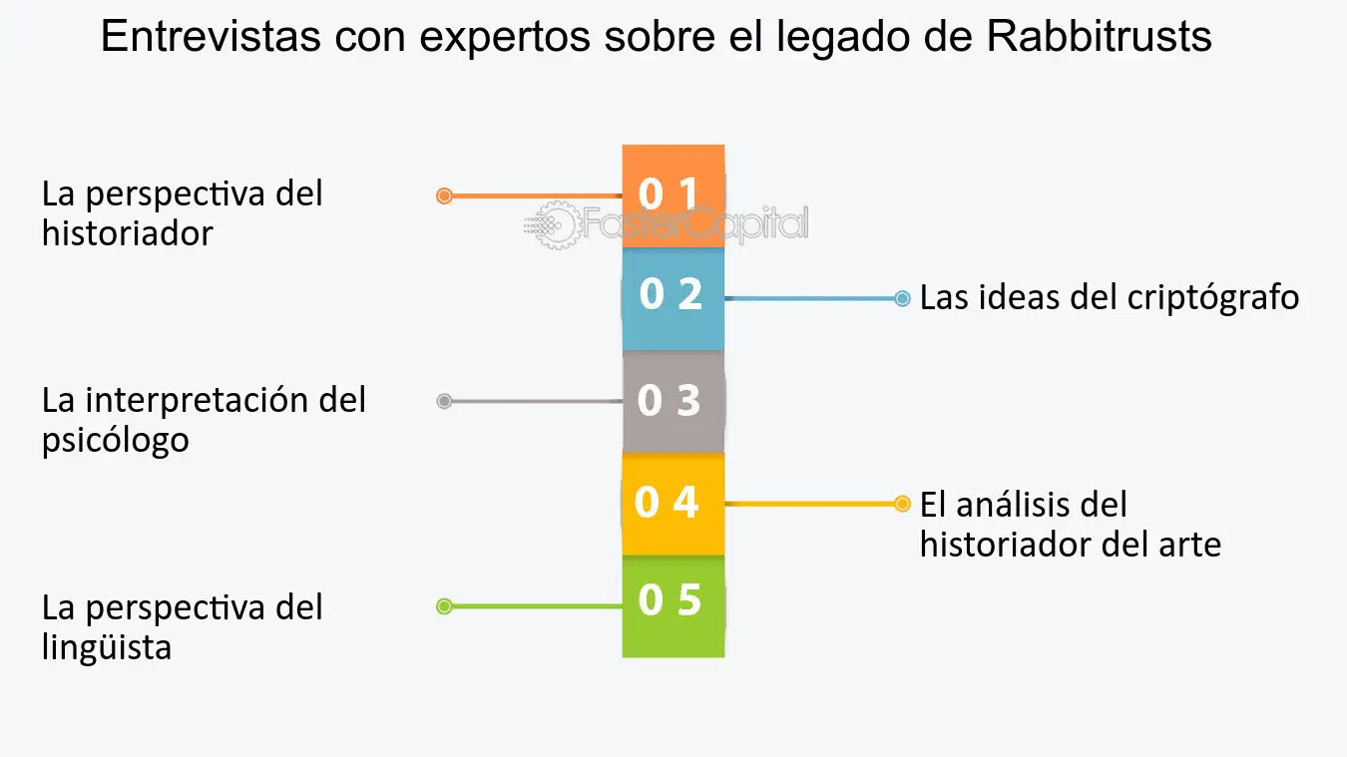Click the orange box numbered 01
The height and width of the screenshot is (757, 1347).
(673, 196)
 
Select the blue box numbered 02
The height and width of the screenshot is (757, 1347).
(673, 299)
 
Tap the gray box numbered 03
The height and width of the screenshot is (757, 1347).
(673, 401)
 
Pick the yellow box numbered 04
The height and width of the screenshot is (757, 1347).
(673, 504)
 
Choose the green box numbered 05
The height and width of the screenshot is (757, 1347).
(673, 606)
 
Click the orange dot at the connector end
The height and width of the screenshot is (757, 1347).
(444, 196)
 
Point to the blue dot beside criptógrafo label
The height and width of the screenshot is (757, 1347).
(902, 298)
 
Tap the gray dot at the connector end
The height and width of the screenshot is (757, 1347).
(444, 401)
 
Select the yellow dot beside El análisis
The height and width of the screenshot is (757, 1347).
(902, 504)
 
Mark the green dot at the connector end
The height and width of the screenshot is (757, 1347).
(444, 606)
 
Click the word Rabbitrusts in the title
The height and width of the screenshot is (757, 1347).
(1099, 36)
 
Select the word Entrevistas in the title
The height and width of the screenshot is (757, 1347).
(211, 36)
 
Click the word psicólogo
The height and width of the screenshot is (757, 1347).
(116, 441)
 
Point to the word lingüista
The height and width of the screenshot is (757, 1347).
(107, 647)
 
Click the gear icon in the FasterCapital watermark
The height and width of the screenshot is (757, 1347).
(556, 224)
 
